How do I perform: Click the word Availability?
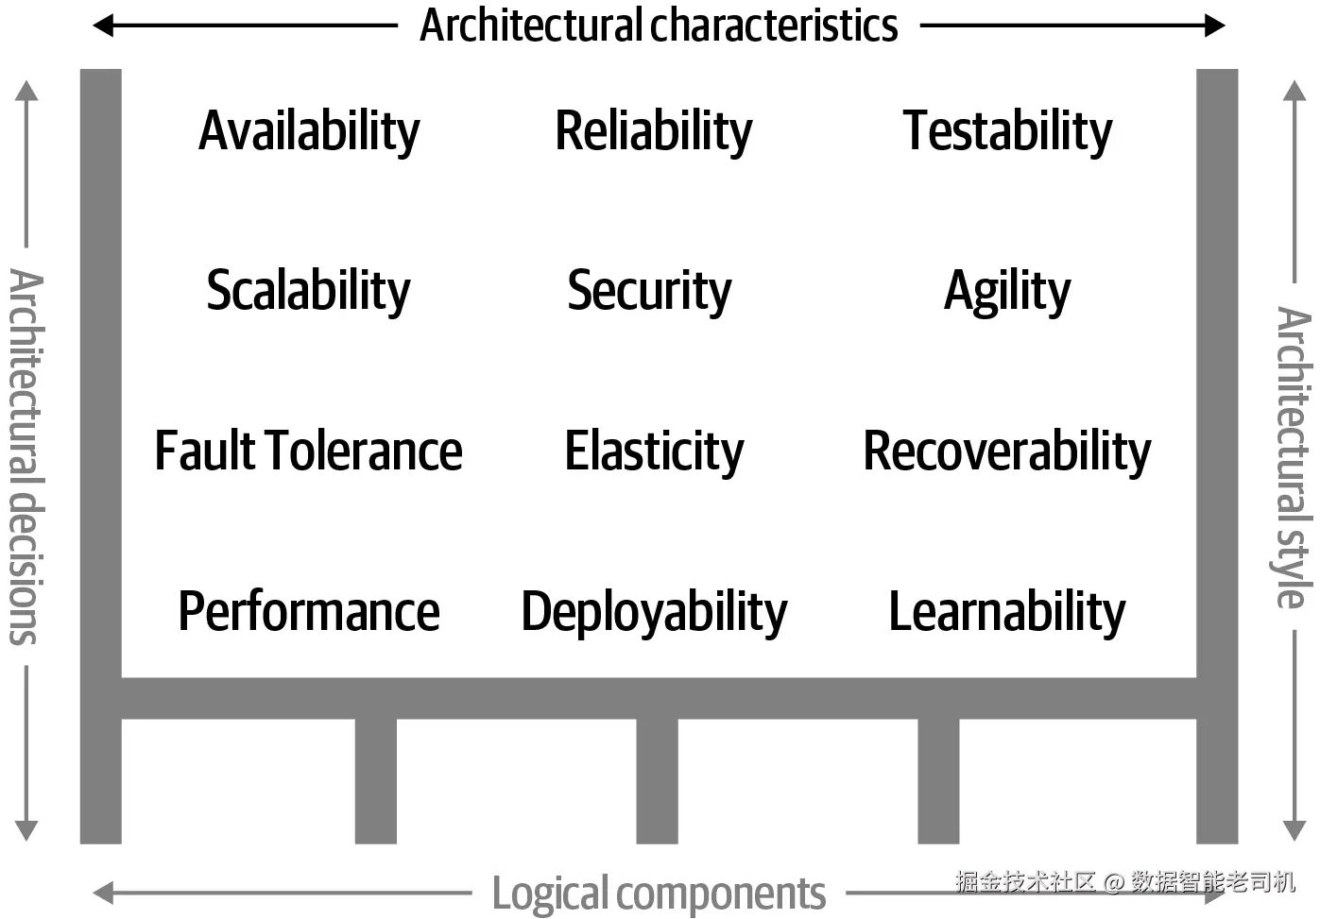pyautogui.click(x=309, y=132)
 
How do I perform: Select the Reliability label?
pyautogui.click(x=654, y=132)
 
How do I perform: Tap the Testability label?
pyautogui.click(x=1007, y=132)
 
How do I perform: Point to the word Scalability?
pyautogui.click(x=308, y=292)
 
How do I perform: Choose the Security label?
pyautogui.click(x=649, y=292)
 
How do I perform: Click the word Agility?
pyautogui.click(x=1007, y=292)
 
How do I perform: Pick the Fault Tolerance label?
pyautogui.click(x=308, y=451)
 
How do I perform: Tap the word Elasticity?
pyautogui.click(x=654, y=451)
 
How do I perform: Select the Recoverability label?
pyautogui.click(x=1007, y=451)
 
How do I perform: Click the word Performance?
pyautogui.click(x=309, y=611)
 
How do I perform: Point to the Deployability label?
pyautogui.click(x=654, y=613)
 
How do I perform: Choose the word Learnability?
pyautogui.click(x=1007, y=613)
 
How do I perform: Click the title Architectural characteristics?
pyautogui.click(x=659, y=26)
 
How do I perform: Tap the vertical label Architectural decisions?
pyautogui.click(x=26, y=456)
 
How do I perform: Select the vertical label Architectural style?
pyautogui.click(x=1293, y=456)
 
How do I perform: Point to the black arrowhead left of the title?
pyautogui.click(x=103, y=26)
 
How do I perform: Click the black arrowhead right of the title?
pyautogui.click(x=1215, y=26)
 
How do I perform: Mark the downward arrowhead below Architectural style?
pyautogui.click(x=1294, y=831)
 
